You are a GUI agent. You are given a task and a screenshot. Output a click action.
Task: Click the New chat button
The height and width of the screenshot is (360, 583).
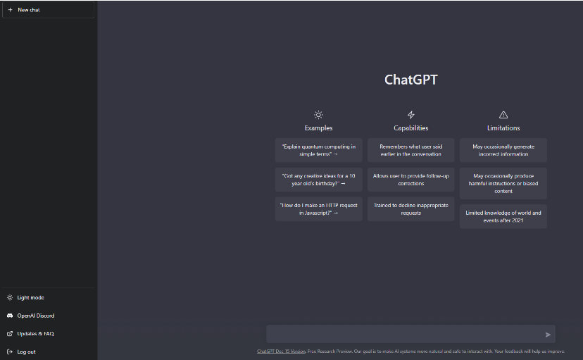(48, 10)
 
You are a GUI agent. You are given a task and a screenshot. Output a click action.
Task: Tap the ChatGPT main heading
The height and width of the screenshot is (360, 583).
(411, 80)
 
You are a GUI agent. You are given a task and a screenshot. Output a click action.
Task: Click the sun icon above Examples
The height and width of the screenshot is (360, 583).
(318, 115)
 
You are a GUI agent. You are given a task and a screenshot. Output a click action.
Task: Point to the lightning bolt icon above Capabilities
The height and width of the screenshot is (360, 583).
(411, 115)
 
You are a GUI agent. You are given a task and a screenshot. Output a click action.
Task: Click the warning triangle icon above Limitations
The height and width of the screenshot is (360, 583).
(503, 115)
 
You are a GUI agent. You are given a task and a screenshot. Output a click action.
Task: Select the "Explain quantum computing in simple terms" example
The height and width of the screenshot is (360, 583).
(319, 150)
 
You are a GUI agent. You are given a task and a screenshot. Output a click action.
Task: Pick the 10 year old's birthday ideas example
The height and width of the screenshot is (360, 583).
(319, 180)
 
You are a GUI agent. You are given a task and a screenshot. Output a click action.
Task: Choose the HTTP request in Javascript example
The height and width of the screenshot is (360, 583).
(319, 209)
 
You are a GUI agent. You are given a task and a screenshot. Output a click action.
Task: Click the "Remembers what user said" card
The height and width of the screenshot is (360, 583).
(411, 150)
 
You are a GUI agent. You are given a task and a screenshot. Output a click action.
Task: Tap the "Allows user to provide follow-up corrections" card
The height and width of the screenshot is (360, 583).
(411, 180)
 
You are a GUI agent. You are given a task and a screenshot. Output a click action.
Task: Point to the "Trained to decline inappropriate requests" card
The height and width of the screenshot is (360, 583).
(411, 209)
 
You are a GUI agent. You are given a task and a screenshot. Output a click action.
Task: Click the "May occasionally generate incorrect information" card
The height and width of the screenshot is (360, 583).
(503, 150)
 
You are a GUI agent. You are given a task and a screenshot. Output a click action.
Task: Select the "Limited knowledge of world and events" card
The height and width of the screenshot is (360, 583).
(503, 216)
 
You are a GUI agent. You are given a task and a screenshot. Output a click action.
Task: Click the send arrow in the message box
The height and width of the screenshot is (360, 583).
(548, 335)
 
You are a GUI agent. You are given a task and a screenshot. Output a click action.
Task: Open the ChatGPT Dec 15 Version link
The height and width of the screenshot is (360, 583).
(282, 351)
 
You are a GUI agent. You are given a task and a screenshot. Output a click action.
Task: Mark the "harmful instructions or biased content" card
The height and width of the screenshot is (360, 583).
(503, 183)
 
